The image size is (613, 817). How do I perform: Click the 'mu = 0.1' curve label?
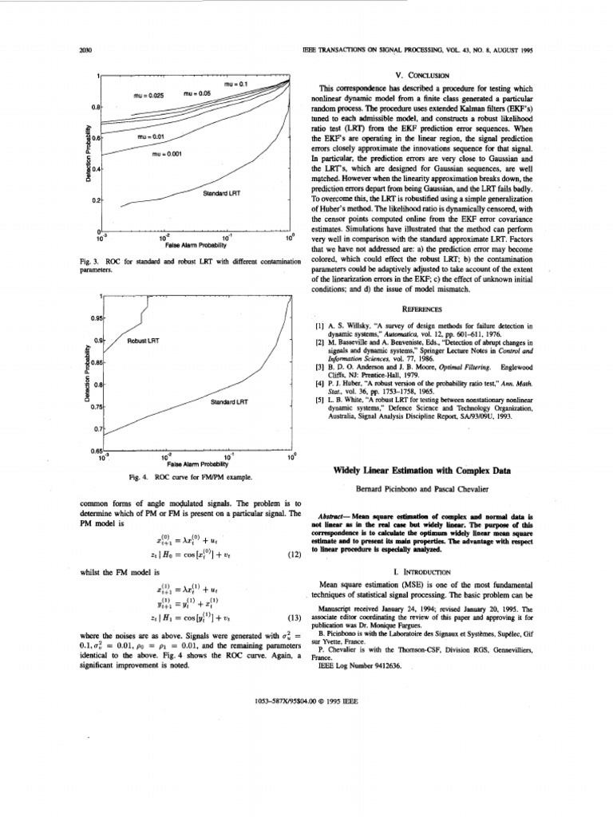pyautogui.click(x=237, y=84)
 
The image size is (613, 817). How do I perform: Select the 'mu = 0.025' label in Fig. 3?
pyautogui.click(x=148, y=94)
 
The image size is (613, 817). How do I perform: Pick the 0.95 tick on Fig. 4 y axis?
pyautogui.click(x=87, y=318)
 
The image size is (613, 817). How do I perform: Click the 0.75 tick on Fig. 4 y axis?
pyautogui.click(x=87, y=407)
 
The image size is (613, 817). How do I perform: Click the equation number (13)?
pyautogui.click(x=292, y=618)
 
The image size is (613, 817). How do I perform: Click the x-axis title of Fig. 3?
pyautogui.click(x=192, y=245)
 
